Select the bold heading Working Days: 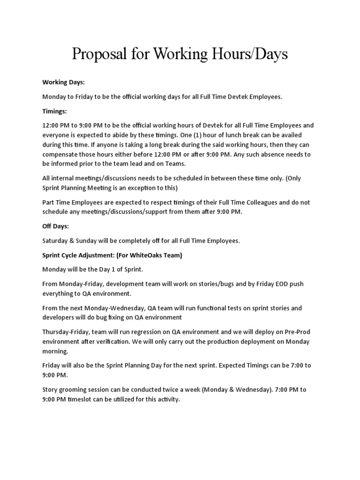(x=63, y=82)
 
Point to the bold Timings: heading (x=55, y=111)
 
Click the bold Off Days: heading (x=56, y=226)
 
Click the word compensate (x=62, y=154)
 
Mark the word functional (x=210, y=308)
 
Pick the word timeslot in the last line (x=84, y=399)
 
